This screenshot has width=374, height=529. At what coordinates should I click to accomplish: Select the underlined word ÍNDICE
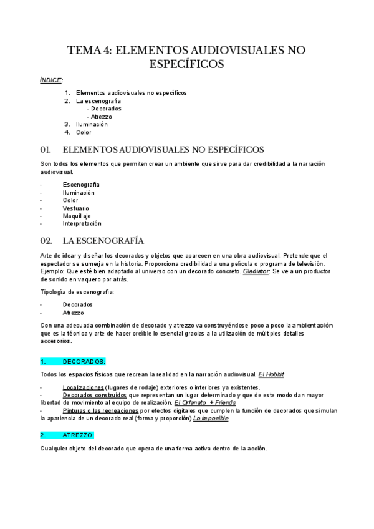coord(50,80)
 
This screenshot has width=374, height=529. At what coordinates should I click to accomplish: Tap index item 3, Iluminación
coord(92,124)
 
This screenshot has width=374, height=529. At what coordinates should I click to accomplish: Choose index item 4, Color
coord(84,132)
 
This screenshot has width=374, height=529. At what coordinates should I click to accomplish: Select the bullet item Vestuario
coord(75,208)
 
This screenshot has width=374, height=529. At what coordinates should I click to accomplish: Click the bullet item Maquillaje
coord(77,216)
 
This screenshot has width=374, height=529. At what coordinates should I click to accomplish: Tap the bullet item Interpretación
coord(82,223)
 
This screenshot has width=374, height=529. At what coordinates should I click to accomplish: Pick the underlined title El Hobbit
coord(271,374)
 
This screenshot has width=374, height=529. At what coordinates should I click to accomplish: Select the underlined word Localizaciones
coord(83,387)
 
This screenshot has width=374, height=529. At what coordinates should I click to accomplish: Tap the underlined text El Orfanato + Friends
coord(205,403)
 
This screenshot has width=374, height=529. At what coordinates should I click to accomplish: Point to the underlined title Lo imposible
coord(211,419)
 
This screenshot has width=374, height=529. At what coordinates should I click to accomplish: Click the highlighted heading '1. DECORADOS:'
coord(73,362)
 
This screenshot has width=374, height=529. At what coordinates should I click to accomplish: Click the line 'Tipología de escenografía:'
coord(77,292)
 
